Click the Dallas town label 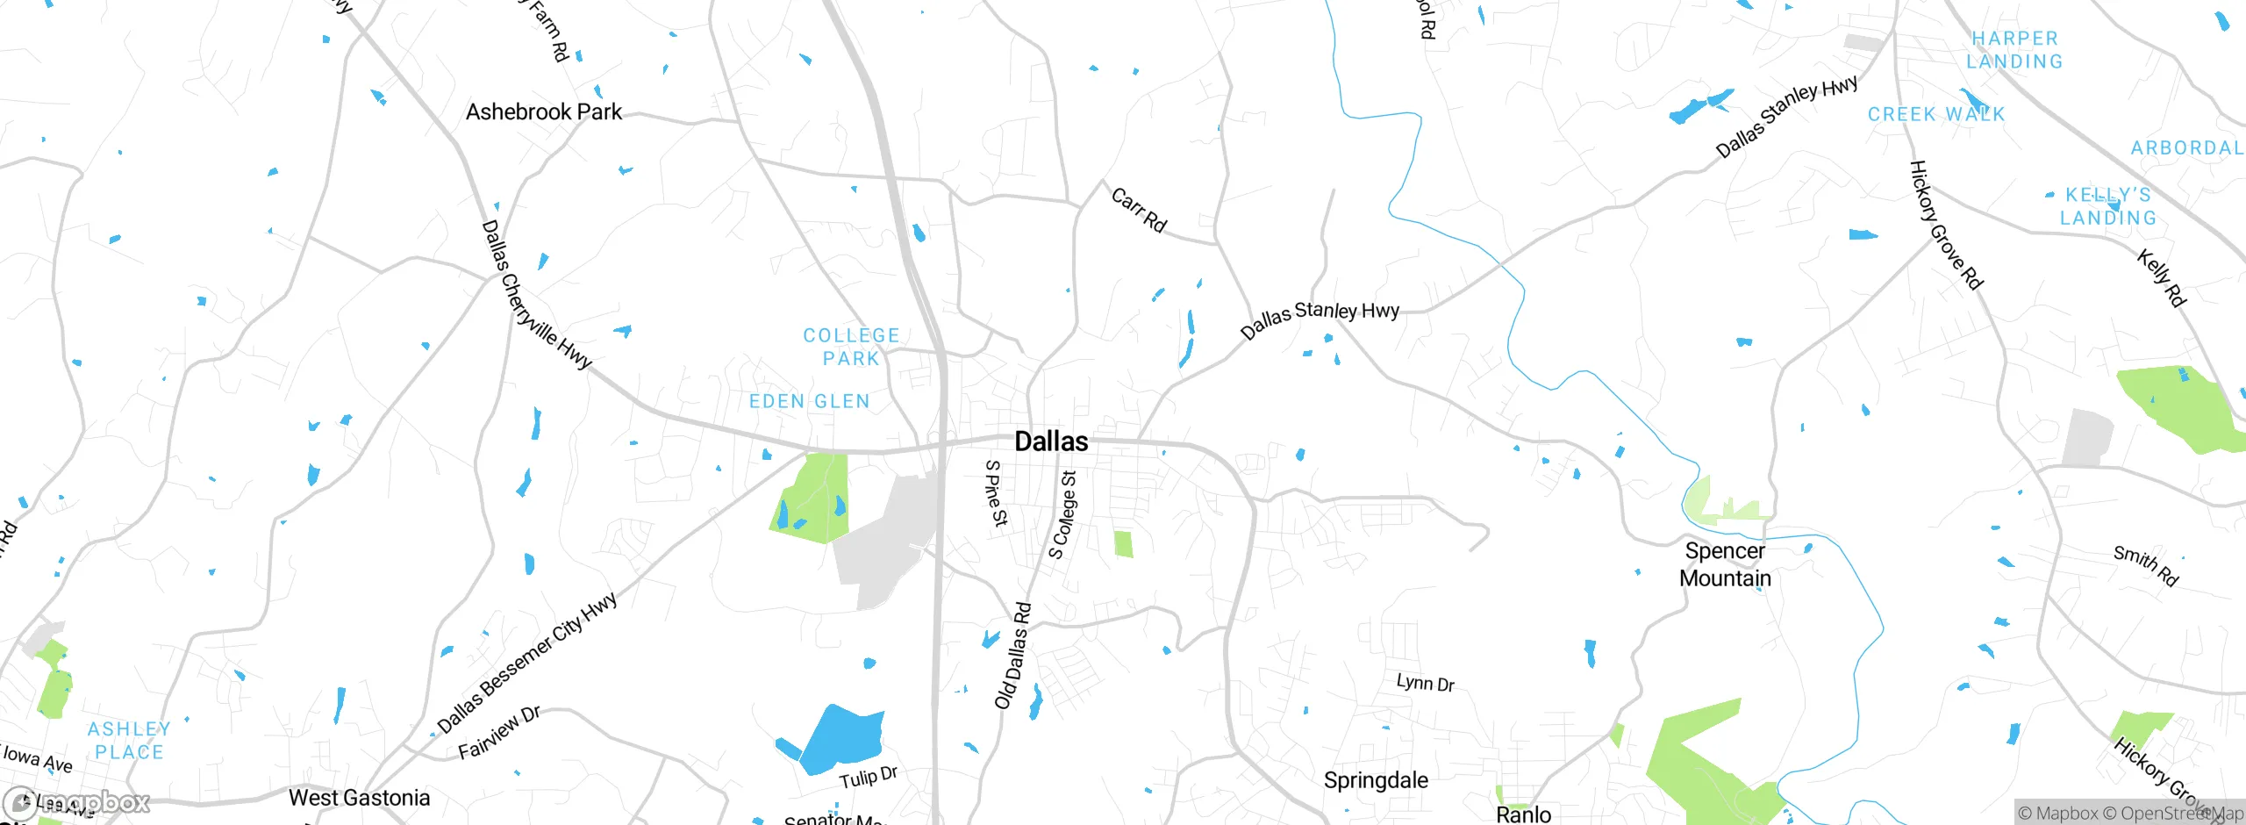coord(1051,441)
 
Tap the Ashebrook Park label coord(543,112)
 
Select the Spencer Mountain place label coord(1725,564)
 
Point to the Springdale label coord(1375,780)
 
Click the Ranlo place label coord(1523,814)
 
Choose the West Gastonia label coord(359,798)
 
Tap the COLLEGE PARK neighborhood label coord(851,347)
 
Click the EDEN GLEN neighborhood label coord(809,401)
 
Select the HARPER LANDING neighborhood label coord(2014,50)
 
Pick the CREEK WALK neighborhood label coord(1936,114)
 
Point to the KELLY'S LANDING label coord(2107,206)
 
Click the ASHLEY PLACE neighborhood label coord(129,740)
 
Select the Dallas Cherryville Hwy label coord(536,295)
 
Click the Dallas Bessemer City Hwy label coord(527,664)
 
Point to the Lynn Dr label coord(1425,683)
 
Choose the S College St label coord(1062,515)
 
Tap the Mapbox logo coord(77,802)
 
